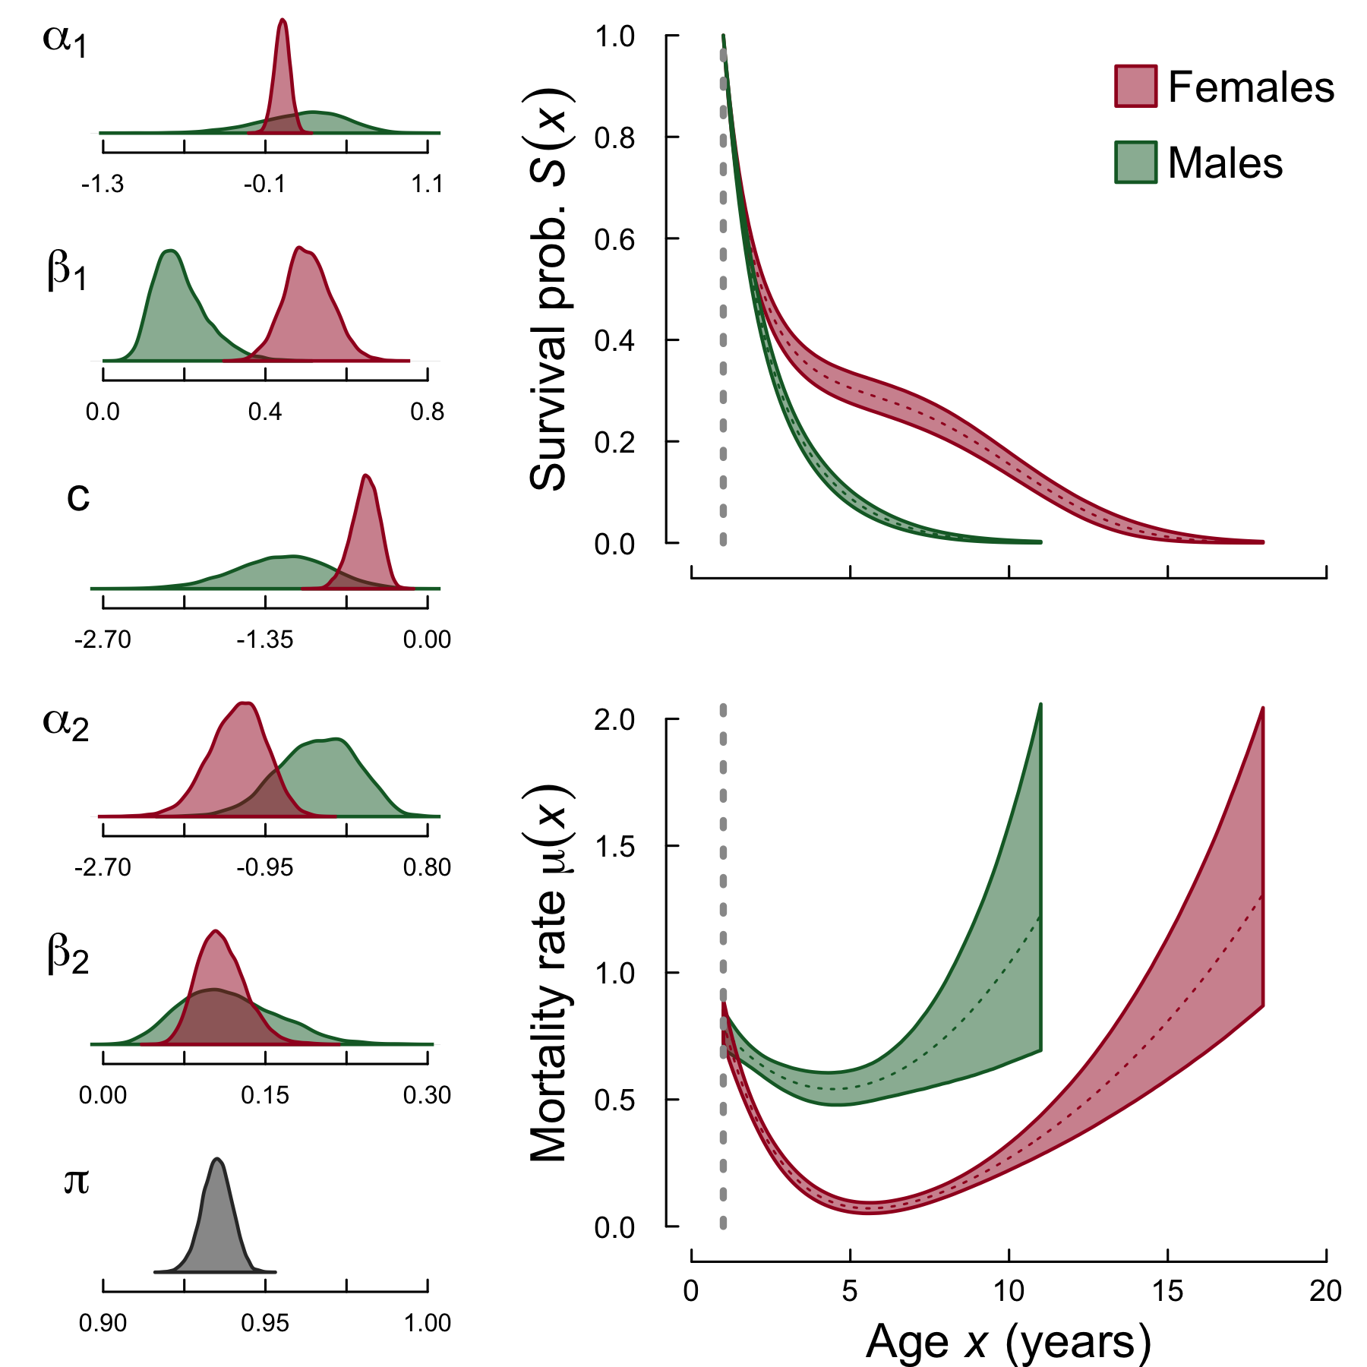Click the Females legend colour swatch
[x=1135, y=86]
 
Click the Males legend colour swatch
[x=1135, y=163]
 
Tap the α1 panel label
[x=65, y=39]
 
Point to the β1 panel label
[x=67, y=271]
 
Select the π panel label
[x=76, y=1182]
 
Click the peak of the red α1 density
[x=283, y=21]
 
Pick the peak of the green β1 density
[x=171, y=251]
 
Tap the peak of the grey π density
[x=218, y=1160]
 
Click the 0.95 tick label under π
[x=265, y=1324]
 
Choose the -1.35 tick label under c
[x=265, y=640]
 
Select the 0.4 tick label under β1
[x=265, y=412]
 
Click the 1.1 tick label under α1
[x=428, y=185]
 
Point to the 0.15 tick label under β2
[x=265, y=1096]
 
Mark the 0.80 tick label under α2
[x=428, y=868]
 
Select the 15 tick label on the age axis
[x=1167, y=1291]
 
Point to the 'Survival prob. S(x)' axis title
[x=549, y=289]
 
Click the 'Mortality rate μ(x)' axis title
[x=549, y=972]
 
